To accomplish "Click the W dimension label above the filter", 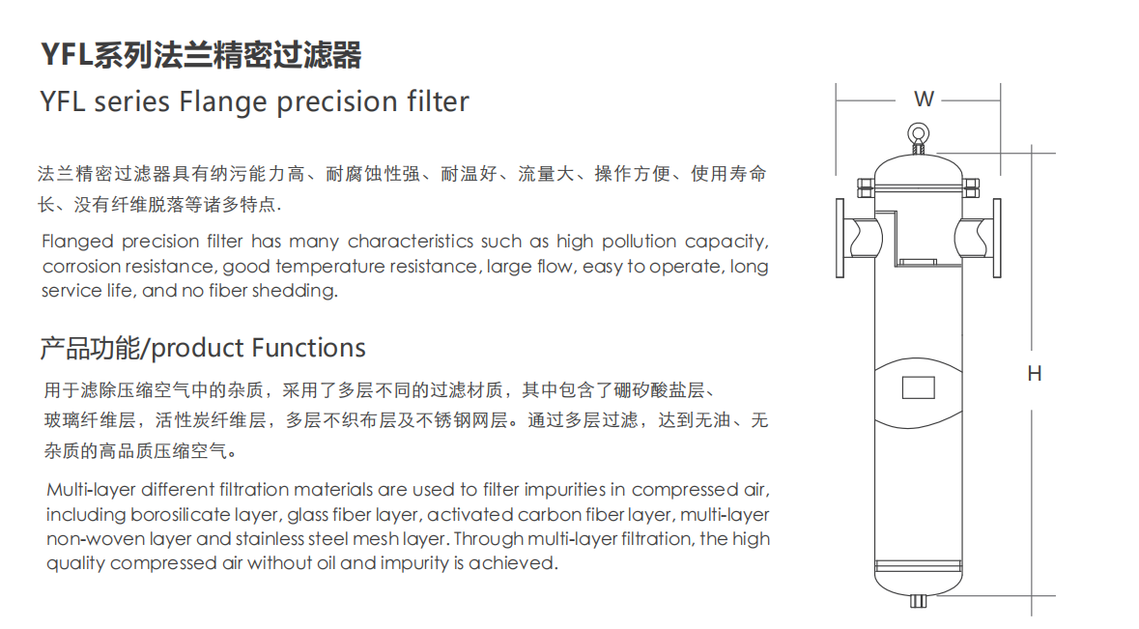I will click(924, 99).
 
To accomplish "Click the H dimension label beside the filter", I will click(1034, 374).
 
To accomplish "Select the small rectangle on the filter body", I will click(918, 387).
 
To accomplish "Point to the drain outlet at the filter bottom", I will click(918, 601).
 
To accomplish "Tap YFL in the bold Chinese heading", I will click(65, 56).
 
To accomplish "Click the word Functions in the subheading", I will click(309, 348).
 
